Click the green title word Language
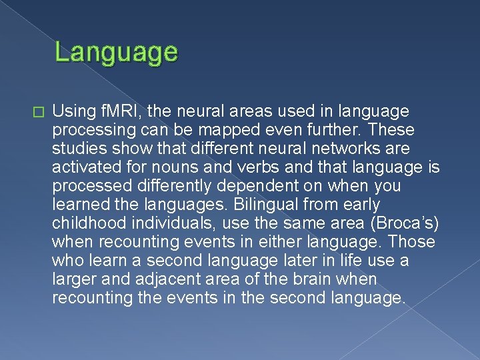click(116, 52)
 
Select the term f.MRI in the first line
click(120, 111)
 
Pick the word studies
click(77, 148)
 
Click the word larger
click(73, 279)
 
